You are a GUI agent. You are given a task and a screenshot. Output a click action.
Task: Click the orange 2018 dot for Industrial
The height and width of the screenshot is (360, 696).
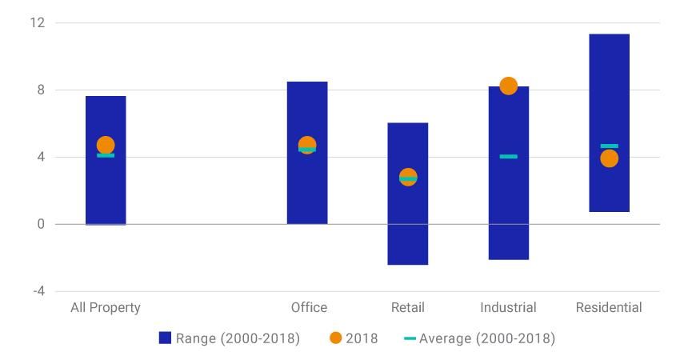tap(508, 86)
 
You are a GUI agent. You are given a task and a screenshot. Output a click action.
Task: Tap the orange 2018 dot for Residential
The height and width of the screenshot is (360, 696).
tap(609, 158)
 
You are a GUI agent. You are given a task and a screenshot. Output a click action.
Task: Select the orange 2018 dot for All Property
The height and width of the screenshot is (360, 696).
tap(106, 145)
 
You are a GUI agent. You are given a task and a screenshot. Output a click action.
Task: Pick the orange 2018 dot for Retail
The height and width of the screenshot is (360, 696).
tap(408, 176)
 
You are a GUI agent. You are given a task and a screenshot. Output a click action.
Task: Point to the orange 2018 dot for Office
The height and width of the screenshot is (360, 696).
tap(307, 145)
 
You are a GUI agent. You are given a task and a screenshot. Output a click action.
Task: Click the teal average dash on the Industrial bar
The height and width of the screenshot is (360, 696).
tap(508, 157)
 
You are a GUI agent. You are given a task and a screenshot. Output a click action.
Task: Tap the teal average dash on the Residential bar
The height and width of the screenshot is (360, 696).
tap(609, 146)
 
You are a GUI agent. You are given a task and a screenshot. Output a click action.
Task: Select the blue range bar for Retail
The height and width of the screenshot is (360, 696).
tap(408, 224)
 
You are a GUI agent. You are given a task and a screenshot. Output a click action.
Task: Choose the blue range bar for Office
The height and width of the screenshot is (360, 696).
tap(307, 192)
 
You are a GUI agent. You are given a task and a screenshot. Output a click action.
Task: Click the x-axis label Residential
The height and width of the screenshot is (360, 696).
tap(609, 307)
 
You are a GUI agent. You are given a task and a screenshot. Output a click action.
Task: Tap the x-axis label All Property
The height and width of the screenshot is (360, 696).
tap(106, 307)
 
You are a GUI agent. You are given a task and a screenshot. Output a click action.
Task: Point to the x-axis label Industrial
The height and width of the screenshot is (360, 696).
tap(508, 307)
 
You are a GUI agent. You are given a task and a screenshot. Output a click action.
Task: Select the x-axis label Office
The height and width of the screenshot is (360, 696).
tap(309, 307)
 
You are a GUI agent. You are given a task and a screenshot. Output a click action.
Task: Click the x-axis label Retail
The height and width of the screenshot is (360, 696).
tap(408, 307)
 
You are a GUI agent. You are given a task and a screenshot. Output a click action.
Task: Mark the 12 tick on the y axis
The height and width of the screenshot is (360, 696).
tap(38, 22)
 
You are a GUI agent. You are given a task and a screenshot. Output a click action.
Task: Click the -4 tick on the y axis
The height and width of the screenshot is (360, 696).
tap(38, 291)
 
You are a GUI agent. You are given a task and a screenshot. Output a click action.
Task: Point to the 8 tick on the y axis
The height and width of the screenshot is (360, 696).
tap(40, 90)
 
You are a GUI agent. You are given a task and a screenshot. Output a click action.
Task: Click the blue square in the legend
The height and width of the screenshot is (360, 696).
tap(165, 338)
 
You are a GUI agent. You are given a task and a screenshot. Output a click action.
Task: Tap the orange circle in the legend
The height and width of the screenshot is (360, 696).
tap(335, 338)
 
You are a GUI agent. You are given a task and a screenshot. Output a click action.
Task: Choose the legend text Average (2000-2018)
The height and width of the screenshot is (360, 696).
tap(486, 338)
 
